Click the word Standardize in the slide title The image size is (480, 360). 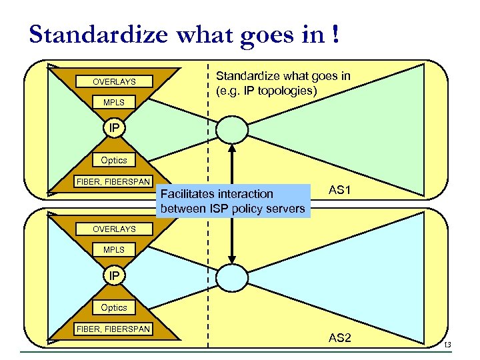pyautogui.click(x=93, y=35)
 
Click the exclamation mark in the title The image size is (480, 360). pyautogui.click(x=333, y=35)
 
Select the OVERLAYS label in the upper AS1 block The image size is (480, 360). pyautogui.click(x=114, y=82)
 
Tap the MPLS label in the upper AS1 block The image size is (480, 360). pyautogui.click(x=114, y=103)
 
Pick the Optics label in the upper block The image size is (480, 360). pyautogui.click(x=114, y=160)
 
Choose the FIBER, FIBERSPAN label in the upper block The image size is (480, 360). pyautogui.click(x=114, y=182)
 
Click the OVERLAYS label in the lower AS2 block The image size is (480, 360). pyautogui.click(x=114, y=229)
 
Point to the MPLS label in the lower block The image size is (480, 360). pyautogui.click(x=114, y=250)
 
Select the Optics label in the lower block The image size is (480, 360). pyautogui.click(x=114, y=307)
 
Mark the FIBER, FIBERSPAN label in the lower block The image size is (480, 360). pyautogui.click(x=114, y=329)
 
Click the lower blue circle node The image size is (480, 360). pyautogui.click(x=231, y=276)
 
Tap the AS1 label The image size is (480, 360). pyautogui.click(x=339, y=191)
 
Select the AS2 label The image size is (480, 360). pyautogui.click(x=339, y=338)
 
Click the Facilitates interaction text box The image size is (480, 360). pyautogui.click(x=233, y=201)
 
